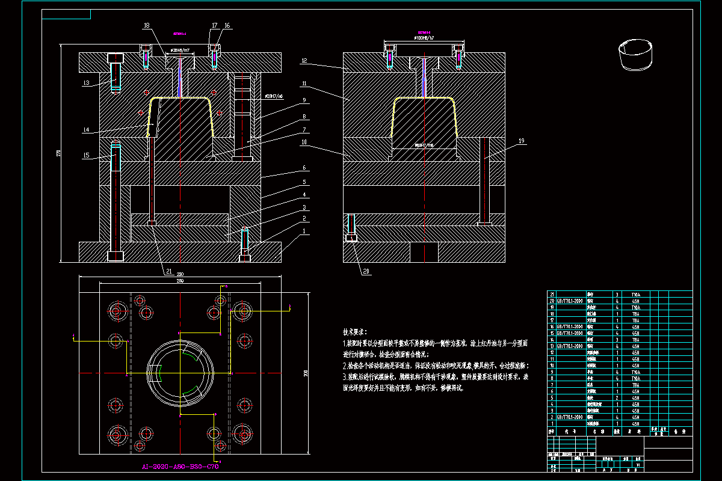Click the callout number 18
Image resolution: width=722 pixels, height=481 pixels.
point(146,26)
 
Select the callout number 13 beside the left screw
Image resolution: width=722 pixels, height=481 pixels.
point(87,83)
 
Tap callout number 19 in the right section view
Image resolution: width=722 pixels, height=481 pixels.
point(522,141)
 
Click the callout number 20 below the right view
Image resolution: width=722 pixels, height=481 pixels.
point(366,271)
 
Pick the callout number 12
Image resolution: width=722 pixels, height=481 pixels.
point(305,61)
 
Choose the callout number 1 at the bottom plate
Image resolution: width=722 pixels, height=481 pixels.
point(304,231)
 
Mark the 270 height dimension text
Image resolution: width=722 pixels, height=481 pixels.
point(58,154)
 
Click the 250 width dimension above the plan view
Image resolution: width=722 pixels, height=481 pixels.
point(180,275)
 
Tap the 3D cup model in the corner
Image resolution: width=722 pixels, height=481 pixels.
point(635,52)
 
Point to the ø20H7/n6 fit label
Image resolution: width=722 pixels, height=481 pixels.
point(274,96)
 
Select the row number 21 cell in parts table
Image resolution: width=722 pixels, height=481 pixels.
point(552,294)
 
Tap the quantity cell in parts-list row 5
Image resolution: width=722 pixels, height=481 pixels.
point(617,397)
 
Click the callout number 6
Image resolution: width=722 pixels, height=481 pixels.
point(305,168)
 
